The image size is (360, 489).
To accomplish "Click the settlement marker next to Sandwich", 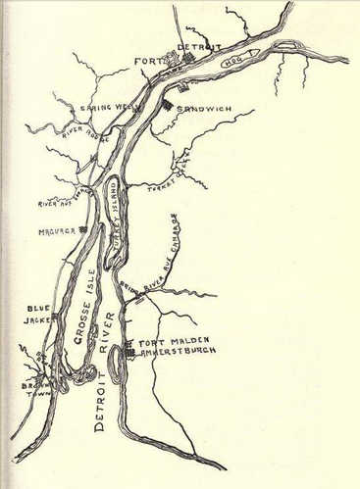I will (168, 104).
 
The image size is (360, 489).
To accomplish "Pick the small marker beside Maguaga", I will (84, 229).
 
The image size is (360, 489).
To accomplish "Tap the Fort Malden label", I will (165, 341).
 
